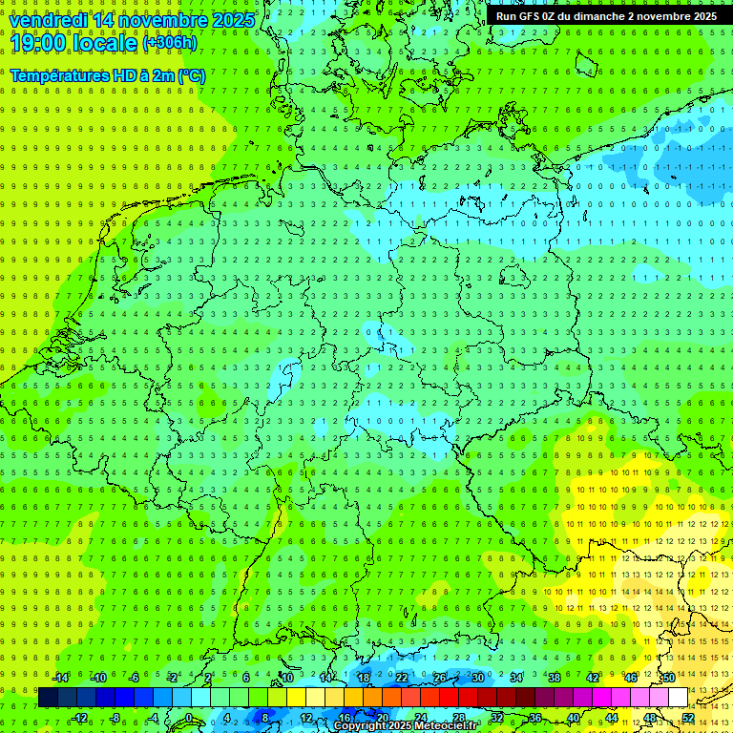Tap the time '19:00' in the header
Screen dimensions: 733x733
pos(39,42)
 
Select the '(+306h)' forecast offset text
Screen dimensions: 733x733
pos(170,43)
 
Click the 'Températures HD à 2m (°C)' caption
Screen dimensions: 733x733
pos(108,74)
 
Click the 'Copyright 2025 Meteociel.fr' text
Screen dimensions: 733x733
pos(418,726)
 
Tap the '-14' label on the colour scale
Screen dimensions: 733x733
pos(61,678)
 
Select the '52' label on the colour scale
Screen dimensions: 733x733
pos(688,717)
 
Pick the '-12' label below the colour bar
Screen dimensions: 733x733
pos(80,717)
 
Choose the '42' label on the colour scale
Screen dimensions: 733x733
pos(592,678)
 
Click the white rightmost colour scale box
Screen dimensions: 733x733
pos(678,697)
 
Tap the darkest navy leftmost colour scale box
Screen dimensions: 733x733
pos(48,697)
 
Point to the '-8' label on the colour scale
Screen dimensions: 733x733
pos(116,717)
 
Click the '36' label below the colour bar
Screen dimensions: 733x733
pos(534,717)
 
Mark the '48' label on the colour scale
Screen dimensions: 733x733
pos(649,717)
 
